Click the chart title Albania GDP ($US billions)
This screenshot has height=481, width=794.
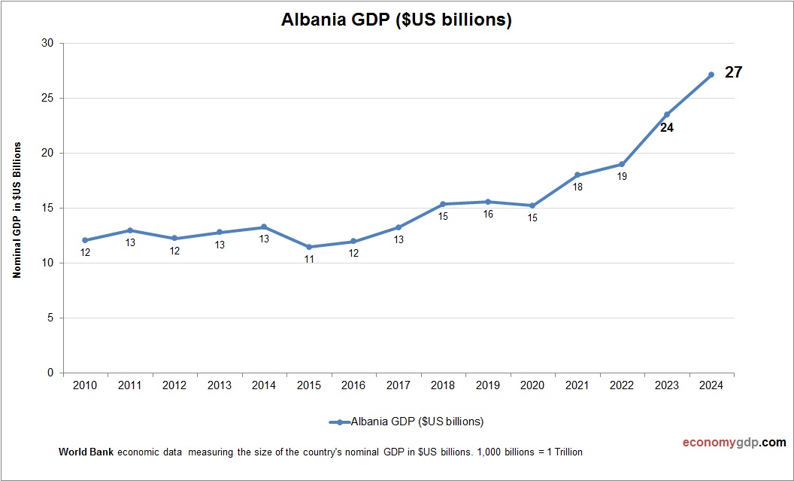(396, 20)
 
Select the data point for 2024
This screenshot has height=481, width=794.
(711, 75)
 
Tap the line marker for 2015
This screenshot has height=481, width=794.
(309, 247)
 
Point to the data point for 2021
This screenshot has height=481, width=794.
(577, 175)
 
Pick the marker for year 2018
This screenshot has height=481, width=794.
(443, 204)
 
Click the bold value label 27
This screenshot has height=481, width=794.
(733, 73)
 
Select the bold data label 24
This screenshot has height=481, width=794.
(666, 128)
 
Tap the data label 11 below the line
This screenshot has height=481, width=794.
(309, 259)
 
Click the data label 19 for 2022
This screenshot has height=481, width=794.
(622, 177)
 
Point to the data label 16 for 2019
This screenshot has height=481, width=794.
(488, 215)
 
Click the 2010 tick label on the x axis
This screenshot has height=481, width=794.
(85, 385)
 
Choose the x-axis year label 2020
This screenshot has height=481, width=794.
(532, 385)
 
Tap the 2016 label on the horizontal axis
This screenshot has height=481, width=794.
(353, 385)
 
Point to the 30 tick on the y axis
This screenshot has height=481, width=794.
(47, 43)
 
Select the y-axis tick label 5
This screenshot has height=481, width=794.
(50, 318)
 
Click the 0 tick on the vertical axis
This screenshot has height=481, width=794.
(50, 373)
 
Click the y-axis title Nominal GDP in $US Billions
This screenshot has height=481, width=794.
(17, 209)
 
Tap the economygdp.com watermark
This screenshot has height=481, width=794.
(723, 443)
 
